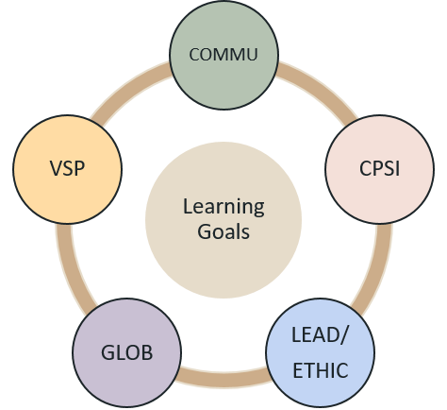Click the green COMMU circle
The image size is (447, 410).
[x=223, y=55]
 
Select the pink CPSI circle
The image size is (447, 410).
[x=379, y=169]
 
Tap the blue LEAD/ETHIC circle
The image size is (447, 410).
[x=320, y=352]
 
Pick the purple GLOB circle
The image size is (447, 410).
[x=127, y=352]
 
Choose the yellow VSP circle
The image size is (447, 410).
[x=67, y=169]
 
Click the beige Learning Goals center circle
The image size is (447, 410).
[x=223, y=220]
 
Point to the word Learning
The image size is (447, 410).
[x=223, y=208]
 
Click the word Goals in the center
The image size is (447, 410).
[x=223, y=231]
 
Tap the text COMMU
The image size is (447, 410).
[x=223, y=55]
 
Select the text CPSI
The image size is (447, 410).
[x=379, y=168]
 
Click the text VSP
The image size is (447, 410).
[x=67, y=168]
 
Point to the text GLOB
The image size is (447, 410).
[x=127, y=352]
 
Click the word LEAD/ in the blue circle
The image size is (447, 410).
[x=320, y=334]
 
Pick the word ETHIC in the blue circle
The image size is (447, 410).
[x=321, y=370]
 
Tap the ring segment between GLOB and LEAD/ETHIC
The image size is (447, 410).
[x=223, y=378]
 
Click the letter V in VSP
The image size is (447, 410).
[x=56, y=168]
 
